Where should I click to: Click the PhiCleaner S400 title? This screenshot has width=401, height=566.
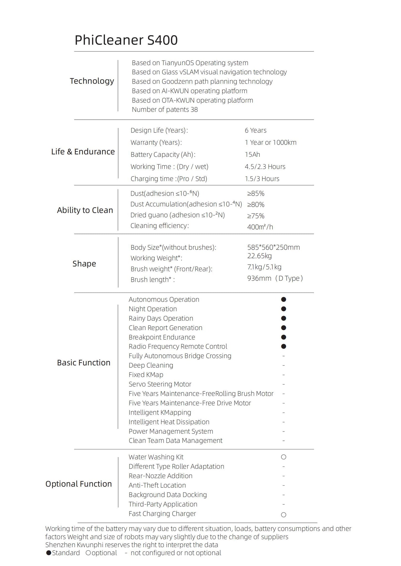coord(126,40)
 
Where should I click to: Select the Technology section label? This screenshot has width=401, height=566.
coord(92,81)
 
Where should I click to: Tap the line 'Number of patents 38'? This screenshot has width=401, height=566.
coord(165,110)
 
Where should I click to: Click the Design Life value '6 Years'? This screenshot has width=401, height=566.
coord(255,130)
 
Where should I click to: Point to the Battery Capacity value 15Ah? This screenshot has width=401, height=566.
coord(252,155)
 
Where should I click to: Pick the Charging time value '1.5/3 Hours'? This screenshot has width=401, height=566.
coord(262,179)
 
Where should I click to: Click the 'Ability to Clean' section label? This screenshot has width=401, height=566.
coord(85,210)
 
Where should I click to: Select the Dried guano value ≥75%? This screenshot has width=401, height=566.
coord(256,216)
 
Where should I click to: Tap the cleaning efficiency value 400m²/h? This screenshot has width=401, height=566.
coord(260,227)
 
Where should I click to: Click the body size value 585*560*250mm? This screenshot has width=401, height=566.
coord(273,247)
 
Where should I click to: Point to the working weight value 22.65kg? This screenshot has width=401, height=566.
coord(259,256)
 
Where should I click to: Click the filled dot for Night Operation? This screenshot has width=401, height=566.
coord(283,309)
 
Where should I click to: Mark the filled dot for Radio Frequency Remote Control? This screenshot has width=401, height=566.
coord(283,346)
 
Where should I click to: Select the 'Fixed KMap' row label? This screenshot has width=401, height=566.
coord(146,375)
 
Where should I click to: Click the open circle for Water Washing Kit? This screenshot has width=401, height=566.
coord(283,457)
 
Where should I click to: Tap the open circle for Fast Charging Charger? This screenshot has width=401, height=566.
coord(283,515)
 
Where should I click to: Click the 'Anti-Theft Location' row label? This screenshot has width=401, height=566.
coord(157,485)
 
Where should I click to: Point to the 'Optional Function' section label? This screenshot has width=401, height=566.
coord(79,484)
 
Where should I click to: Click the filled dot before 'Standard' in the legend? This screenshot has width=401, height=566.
coord(49,553)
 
